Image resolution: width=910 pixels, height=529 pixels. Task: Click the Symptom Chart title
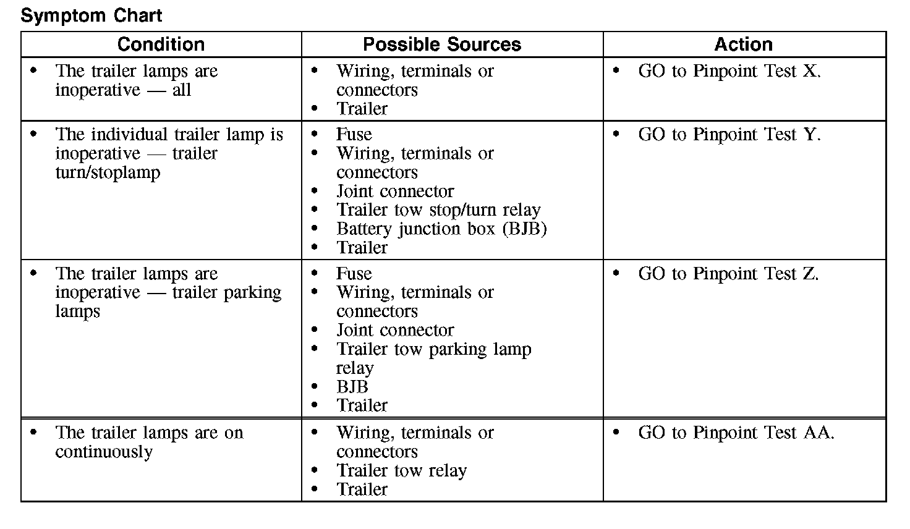tap(91, 15)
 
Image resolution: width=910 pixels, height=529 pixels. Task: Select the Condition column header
tap(161, 44)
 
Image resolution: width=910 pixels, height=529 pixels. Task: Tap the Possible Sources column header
tap(441, 44)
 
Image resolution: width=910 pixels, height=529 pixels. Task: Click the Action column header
tap(743, 44)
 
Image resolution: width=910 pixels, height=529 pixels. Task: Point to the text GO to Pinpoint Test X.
tap(729, 71)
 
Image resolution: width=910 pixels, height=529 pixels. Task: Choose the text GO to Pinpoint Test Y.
tap(729, 135)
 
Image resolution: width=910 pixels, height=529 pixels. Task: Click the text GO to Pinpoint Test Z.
tap(728, 274)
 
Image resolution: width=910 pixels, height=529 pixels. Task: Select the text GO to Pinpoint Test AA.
tap(736, 433)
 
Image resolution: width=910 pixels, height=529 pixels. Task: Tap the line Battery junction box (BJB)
tap(441, 229)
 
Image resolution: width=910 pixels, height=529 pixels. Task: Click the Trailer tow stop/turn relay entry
tap(438, 210)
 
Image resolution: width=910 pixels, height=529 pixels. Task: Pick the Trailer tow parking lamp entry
tap(433, 349)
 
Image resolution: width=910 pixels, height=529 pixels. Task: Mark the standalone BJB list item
tap(352, 387)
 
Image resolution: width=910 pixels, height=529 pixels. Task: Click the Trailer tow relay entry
tap(401, 471)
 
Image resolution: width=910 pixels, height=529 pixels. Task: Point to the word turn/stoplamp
tap(108, 172)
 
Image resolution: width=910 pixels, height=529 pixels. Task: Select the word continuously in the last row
tap(103, 452)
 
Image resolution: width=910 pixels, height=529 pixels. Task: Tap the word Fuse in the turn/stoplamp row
tap(354, 135)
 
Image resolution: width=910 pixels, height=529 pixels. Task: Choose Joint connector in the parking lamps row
tap(395, 331)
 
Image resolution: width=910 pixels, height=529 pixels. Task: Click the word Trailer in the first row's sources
tap(362, 109)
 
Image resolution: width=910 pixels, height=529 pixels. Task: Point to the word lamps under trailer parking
tap(77, 311)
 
